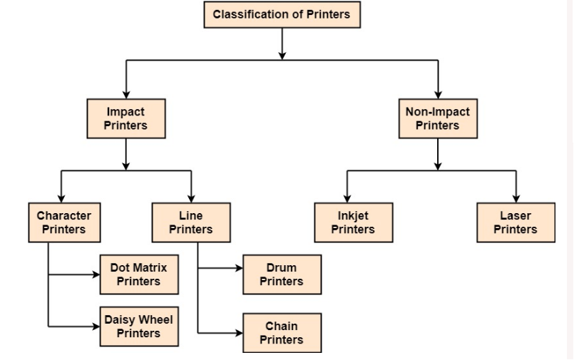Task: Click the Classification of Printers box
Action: click(x=282, y=14)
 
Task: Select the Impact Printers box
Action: click(x=125, y=118)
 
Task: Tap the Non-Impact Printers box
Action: click(x=437, y=118)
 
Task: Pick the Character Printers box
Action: click(x=63, y=222)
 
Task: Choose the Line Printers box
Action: click(x=190, y=222)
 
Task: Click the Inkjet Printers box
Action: click(x=353, y=222)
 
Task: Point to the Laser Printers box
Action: click(x=515, y=222)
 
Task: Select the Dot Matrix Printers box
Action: click(x=138, y=274)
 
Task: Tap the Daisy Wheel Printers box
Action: click(x=138, y=326)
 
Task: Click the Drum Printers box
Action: click(x=281, y=274)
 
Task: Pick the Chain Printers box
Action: click(x=281, y=333)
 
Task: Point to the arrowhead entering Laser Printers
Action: click(x=516, y=198)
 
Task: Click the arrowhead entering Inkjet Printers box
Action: click(x=347, y=198)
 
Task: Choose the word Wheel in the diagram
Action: click(x=158, y=320)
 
